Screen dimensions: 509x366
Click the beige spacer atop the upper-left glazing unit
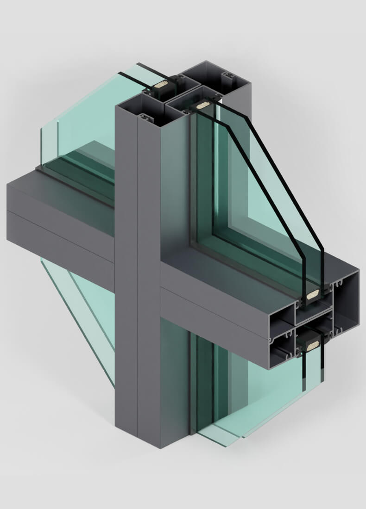pyautogui.click(x=161, y=84)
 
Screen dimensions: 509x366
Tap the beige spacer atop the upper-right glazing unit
pyautogui.click(x=202, y=106)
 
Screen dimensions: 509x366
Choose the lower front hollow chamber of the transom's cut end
pyautogui.click(x=281, y=352)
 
